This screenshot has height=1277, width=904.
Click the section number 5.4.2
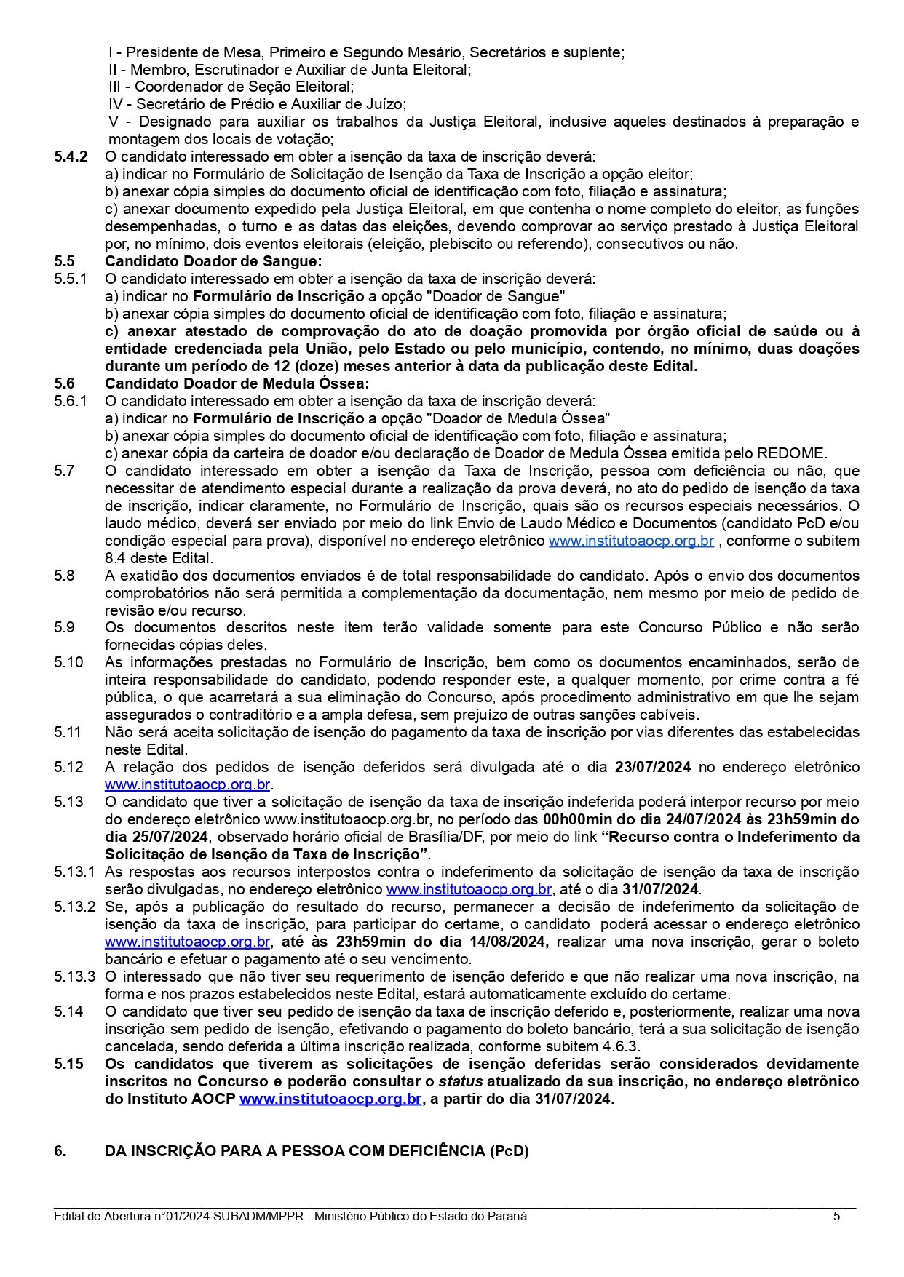[71, 156]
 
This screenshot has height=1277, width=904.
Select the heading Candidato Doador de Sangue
[213, 261]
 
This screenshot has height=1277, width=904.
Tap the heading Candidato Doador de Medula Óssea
[237, 383]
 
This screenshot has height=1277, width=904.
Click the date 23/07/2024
[653, 767]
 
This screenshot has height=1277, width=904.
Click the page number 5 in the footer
[836, 1216]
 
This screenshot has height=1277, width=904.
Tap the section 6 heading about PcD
[317, 1151]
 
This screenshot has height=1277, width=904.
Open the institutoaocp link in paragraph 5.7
[631, 541]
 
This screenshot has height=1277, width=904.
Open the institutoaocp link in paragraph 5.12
[188, 784]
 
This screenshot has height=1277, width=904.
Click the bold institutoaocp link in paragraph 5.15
[330, 1099]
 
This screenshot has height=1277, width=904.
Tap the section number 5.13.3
[74, 976]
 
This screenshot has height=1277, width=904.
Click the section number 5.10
[68, 662]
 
